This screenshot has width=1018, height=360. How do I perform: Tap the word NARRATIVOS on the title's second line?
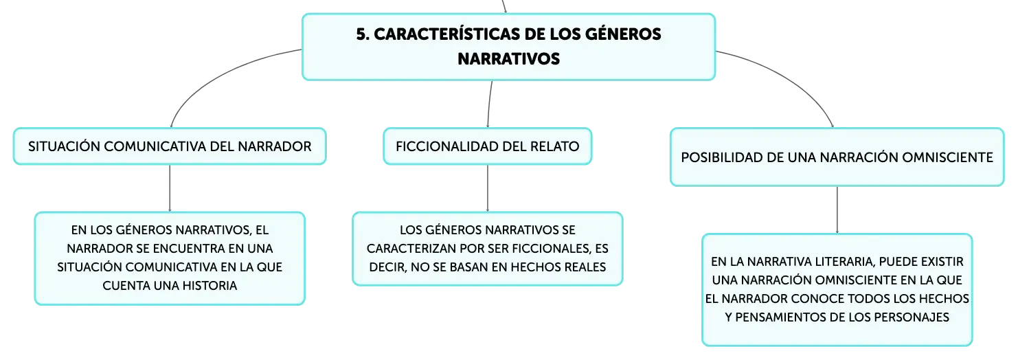coord(508,58)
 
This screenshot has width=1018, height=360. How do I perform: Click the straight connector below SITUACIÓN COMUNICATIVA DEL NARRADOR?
coord(170,188)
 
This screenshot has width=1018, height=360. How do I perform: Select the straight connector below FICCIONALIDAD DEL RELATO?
coord(488,188)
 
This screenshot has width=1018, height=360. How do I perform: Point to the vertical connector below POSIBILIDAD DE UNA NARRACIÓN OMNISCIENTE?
coord(837,210)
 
